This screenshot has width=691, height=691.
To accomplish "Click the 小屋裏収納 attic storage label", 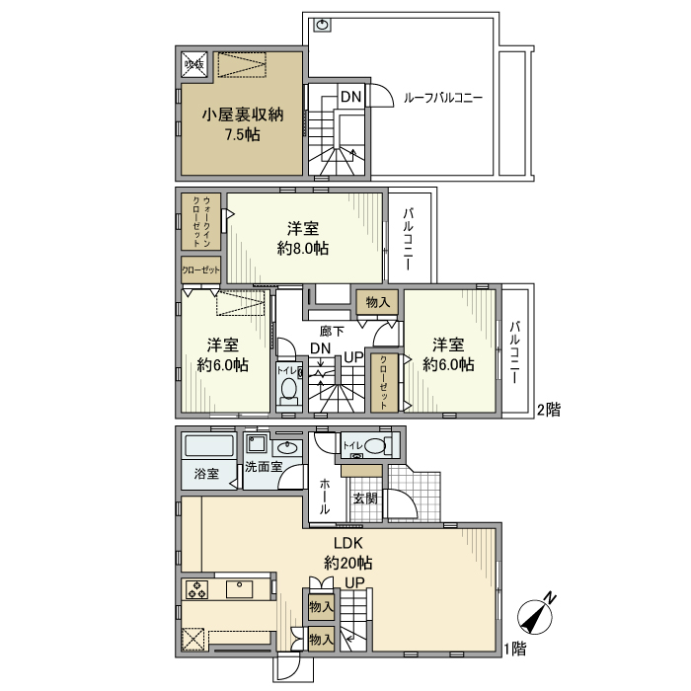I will point(243,115).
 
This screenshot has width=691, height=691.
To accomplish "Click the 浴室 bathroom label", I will point(205,472).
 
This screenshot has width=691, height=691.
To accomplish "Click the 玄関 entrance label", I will point(364,499).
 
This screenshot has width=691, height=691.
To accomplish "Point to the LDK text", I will point(348,544).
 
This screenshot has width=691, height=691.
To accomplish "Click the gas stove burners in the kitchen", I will point(197,589).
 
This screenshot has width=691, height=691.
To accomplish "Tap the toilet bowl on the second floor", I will point(288,392).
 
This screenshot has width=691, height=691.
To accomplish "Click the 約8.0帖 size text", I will point(303,249).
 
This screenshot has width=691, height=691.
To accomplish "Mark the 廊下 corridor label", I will point(333,332).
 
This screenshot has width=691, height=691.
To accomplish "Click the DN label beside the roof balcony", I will point(350,97).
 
